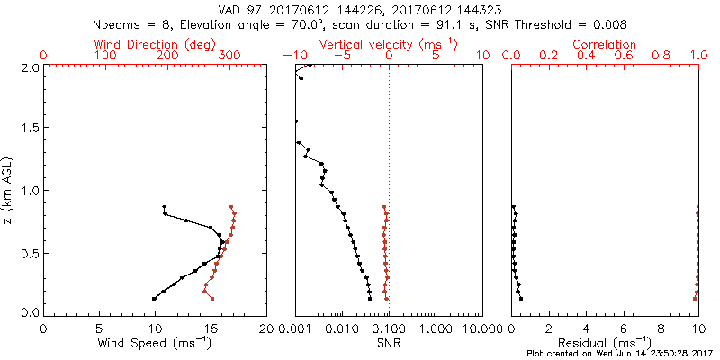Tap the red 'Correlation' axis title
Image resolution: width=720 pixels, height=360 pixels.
tap(605, 44)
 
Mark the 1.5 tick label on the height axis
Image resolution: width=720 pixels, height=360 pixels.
tap(29, 129)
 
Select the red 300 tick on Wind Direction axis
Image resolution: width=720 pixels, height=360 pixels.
tap(229, 56)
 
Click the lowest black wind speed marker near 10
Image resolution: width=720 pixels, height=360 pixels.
tap(154, 299)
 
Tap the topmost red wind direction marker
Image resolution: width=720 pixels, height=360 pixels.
tap(231, 207)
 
